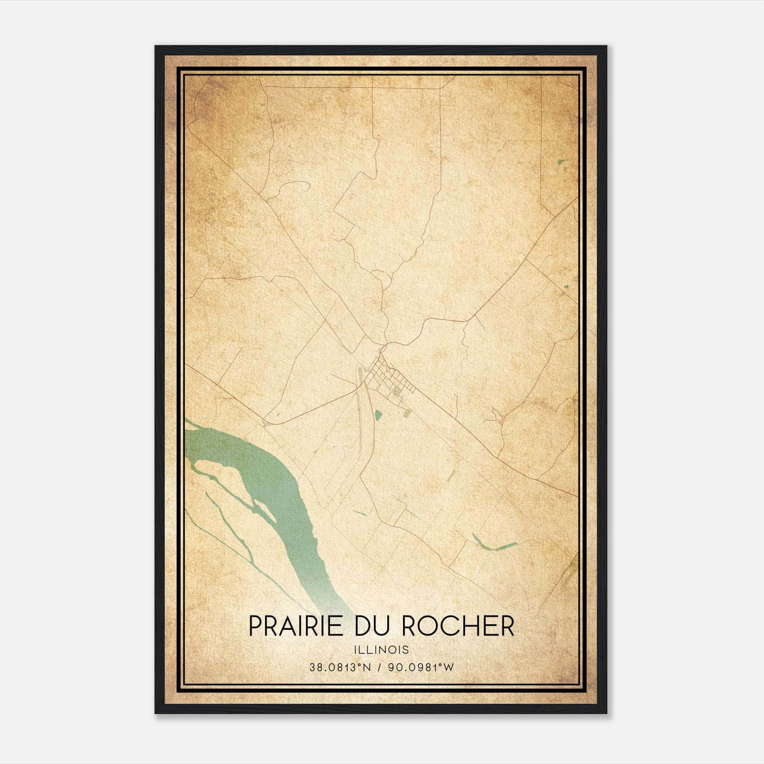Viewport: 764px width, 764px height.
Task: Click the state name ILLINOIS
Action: click(382, 650)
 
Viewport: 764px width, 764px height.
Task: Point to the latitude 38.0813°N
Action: click(340, 668)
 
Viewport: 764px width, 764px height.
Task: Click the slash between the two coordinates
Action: click(380, 668)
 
